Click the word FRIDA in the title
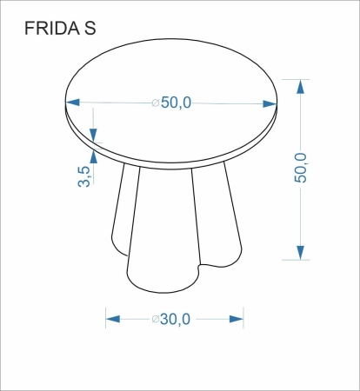pyautogui.click(x=50, y=30)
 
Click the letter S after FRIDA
pyautogui.click(x=90, y=30)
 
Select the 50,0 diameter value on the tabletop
pyautogui.click(x=176, y=102)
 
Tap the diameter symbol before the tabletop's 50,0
pyautogui.click(x=156, y=103)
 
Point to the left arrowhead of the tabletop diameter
pyautogui.click(x=74, y=102)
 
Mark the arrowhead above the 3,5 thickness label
pyautogui.click(x=95, y=138)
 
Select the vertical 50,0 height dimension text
pyautogui.click(x=301, y=168)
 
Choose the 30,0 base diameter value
pyautogui.click(x=176, y=319)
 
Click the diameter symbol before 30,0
pyautogui.click(x=156, y=320)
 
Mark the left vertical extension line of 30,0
pyautogui.click(x=106, y=316)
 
